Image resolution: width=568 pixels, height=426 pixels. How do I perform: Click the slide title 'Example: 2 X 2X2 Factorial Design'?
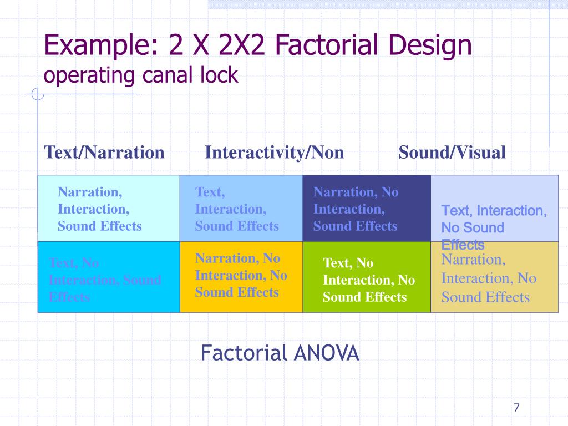coord(258,45)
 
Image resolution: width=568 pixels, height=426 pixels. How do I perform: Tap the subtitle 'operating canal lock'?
coord(141,75)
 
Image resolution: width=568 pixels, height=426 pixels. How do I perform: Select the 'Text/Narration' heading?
coord(104,153)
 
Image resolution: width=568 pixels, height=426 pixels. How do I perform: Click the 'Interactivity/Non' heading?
coord(275,153)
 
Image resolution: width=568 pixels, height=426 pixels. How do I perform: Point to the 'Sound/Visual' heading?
coord(452,153)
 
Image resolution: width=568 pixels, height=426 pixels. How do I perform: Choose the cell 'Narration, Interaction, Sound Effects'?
coord(109,209)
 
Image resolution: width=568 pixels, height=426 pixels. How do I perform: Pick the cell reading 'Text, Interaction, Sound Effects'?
coord(241,209)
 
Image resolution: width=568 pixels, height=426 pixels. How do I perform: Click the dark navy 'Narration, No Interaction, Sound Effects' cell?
coord(366,209)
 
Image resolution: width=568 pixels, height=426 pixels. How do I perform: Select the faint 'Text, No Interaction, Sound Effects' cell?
coord(109,277)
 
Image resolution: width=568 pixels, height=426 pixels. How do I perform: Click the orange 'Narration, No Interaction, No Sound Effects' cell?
coord(241,276)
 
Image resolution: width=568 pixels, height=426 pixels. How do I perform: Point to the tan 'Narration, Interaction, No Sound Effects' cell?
coord(494,277)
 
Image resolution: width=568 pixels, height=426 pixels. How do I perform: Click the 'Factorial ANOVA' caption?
coord(280,353)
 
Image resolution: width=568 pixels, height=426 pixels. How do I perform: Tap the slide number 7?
coord(516,408)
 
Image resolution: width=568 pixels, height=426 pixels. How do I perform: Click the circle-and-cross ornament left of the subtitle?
coord(37,95)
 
